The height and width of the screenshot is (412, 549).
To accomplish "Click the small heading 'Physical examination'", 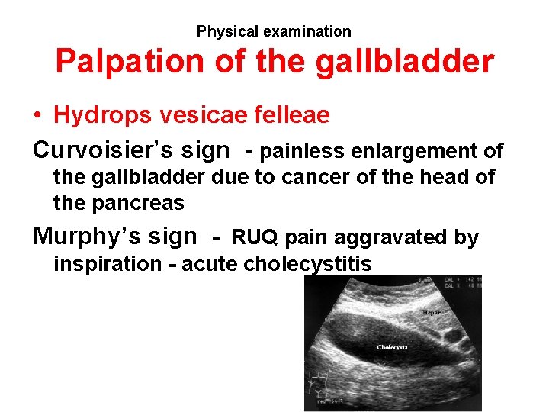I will (x=274, y=31).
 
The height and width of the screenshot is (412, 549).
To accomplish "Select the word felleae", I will (x=289, y=115).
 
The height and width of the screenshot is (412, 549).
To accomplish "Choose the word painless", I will (x=303, y=151).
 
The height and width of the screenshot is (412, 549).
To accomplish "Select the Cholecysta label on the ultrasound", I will (x=392, y=347).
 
